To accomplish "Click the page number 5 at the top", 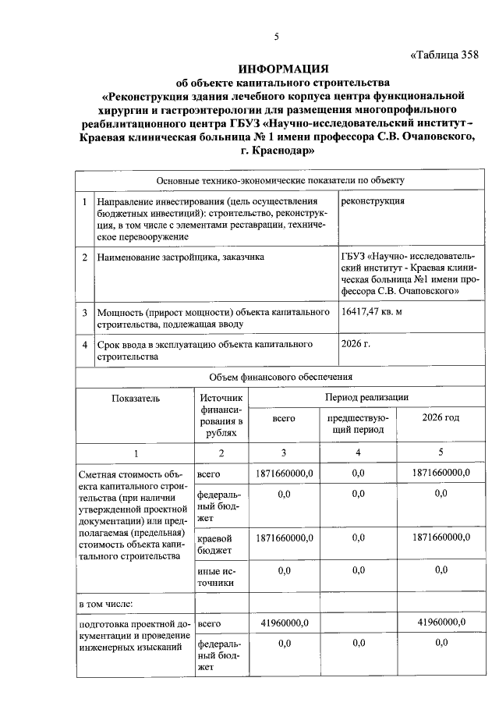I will click(276, 37).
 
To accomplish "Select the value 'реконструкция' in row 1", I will click(373, 200).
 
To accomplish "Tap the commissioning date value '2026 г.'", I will click(356, 343).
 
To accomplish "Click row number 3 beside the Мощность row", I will click(84, 313).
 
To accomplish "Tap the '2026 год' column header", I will click(441, 418).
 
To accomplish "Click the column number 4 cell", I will click(358, 453).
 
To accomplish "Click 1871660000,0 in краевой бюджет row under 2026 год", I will click(441, 537).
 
